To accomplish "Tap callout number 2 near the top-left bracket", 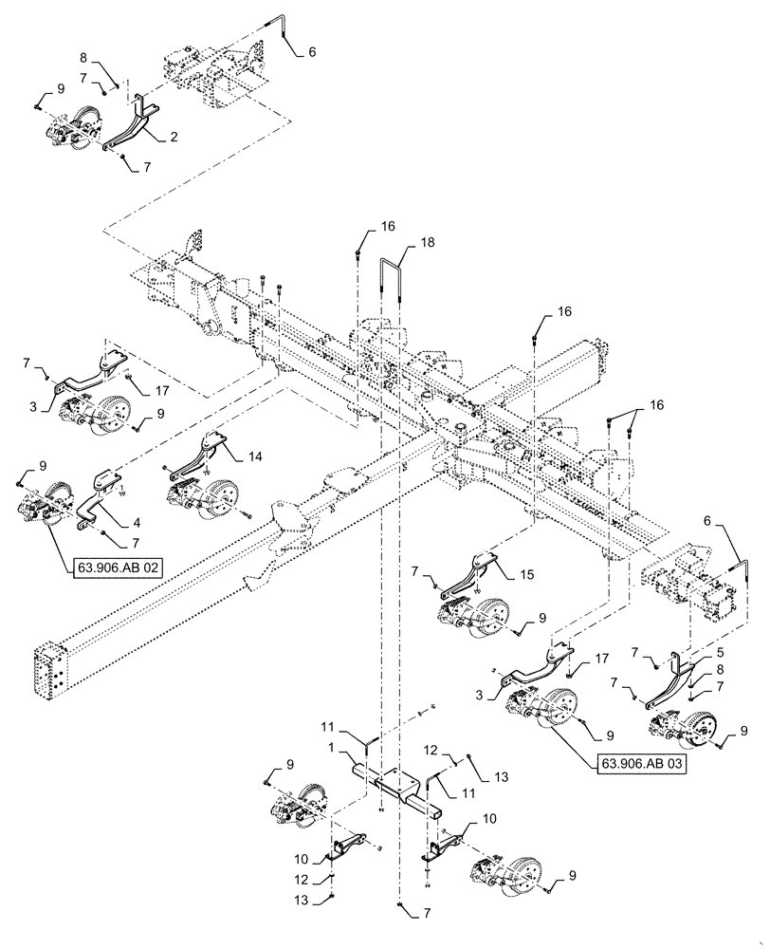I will click(174, 137).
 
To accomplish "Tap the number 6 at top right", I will click(314, 53).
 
